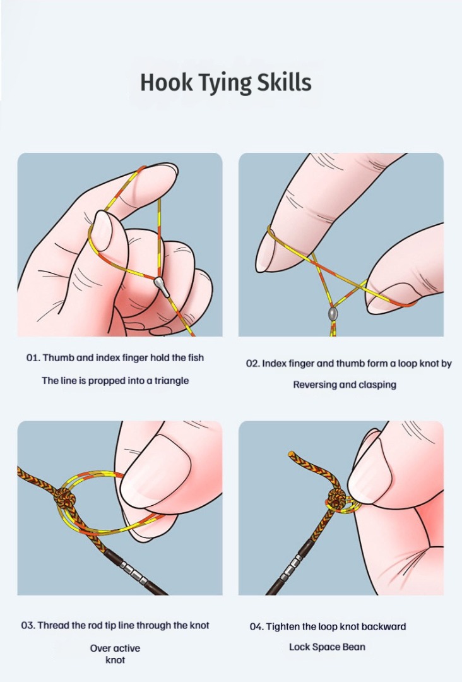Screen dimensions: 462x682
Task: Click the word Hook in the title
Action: [x=165, y=82]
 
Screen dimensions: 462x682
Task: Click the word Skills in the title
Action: [x=284, y=82]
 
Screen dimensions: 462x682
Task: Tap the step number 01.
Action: [x=33, y=358]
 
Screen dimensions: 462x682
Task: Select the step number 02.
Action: [x=253, y=364]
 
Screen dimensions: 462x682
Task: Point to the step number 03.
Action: [x=28, y=625]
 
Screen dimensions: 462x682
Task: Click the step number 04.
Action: [x=256, y=627]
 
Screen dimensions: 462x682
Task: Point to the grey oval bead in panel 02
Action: [x=333, y=314]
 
